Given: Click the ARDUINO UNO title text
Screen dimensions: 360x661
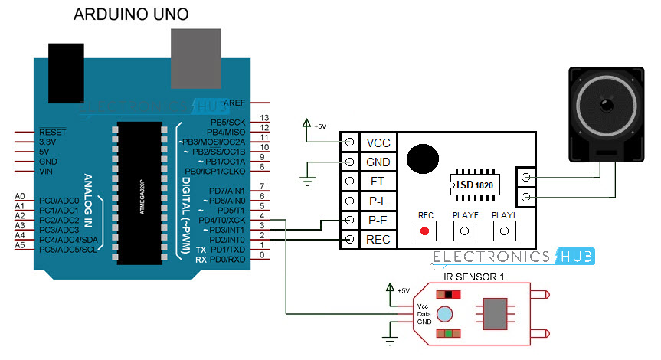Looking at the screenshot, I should tap(130, 15).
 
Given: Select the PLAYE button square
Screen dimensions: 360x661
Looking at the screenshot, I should tap(464, 231).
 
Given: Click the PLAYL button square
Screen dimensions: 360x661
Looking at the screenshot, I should tap(504, 231).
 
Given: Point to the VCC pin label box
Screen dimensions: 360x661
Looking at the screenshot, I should tap(378, 142).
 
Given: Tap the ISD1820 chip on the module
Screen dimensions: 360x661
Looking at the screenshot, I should tap(473, 185).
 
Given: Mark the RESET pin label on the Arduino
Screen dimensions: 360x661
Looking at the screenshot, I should tap(53, 133).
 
